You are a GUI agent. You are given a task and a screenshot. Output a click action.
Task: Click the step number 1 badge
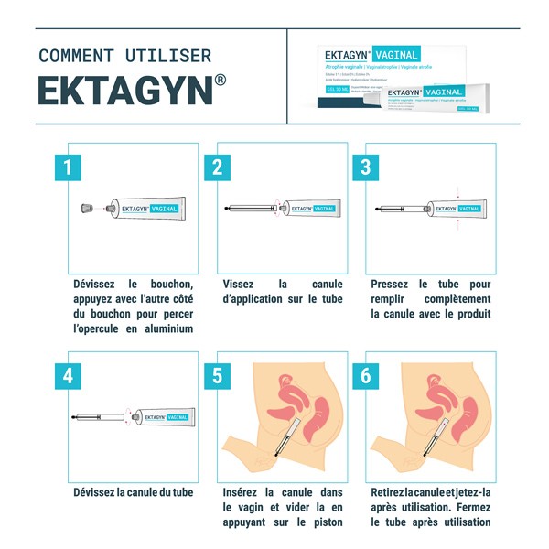68,167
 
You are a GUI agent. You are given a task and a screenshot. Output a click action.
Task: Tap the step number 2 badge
217,167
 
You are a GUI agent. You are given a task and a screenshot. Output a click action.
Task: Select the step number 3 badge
365,167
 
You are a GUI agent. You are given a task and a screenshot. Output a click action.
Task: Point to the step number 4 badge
68,376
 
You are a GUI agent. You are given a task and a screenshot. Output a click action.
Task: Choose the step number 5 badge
217,376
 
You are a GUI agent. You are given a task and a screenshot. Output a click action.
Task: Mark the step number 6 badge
365,376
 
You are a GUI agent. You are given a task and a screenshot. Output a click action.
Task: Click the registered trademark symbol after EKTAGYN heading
221,81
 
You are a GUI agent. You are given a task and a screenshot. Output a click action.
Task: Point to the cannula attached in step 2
250,209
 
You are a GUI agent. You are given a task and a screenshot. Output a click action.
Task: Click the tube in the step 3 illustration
455,209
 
